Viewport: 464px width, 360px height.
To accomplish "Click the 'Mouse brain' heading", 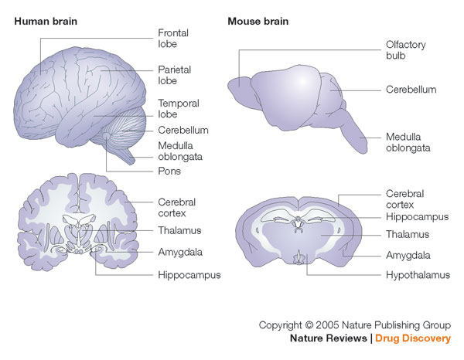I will [x=258, y=21].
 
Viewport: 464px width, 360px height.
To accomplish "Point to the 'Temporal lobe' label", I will [x=179, y=109].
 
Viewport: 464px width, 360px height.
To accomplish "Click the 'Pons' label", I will [x=170, y=171].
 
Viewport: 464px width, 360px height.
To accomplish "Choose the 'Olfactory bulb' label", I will [x=406, y=50].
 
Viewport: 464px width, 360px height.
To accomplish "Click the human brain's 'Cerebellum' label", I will [x=183, y=130].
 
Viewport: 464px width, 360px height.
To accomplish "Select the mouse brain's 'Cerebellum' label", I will [x=411, y=90].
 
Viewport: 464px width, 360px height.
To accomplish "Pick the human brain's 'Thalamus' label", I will [x=179, y=230].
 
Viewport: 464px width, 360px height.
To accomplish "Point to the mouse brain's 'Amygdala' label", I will [x=408, y=254].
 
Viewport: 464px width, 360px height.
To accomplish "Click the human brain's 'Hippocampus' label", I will [x=189, y=274].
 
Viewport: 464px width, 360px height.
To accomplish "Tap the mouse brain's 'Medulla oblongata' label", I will [x=408, y=142].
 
